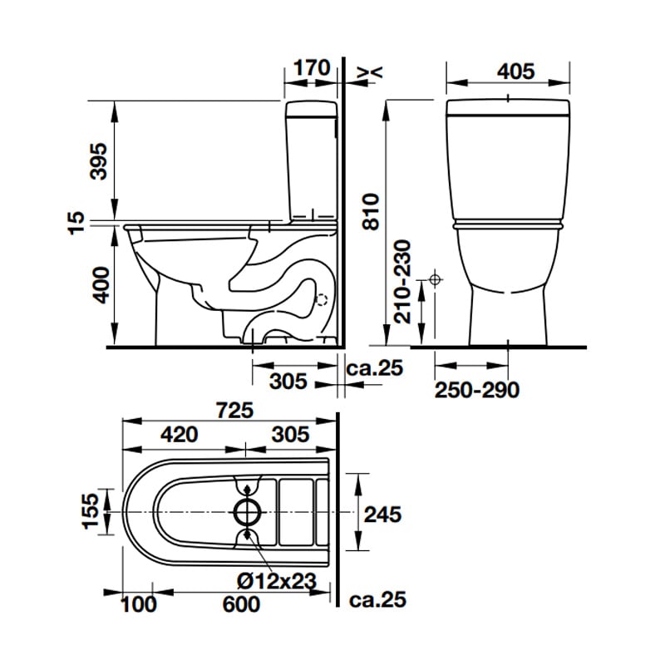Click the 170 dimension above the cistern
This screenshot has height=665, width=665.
click(x=312, y=68)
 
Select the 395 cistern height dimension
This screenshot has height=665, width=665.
click(x=100, y=161)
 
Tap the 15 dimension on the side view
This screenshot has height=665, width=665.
click(x=76, y=223)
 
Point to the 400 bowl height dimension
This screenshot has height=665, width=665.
click(x=101, y=284)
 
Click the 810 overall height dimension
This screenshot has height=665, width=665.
click(x=371, y=212)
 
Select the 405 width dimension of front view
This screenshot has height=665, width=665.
click(x=515, y=71)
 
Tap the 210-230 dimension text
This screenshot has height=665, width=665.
click(x=402, y=282)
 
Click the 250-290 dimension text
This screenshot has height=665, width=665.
click(x=477, y=390)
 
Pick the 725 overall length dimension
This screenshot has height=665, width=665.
click(x=234, y=410)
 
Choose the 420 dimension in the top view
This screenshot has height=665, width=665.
click(x=179, y=434)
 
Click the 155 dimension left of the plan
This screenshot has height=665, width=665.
click(x=90, y=511)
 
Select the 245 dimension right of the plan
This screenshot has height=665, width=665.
click(x=382, y=515)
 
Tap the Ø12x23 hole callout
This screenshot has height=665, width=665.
click(x=277, y=580)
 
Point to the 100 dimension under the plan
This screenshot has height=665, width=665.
click(x=139, y=604)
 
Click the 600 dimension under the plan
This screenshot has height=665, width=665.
click(x=241, y=604)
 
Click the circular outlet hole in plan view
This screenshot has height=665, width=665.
click(x=248, y=512)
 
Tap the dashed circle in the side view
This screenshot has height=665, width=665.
click(x=322, y=300)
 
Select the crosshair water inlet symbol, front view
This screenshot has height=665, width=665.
click(x=435, y=280)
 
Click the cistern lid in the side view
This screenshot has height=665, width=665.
click(x=312, y=109)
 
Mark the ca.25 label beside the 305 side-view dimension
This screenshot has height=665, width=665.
click(x=375, y=367)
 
